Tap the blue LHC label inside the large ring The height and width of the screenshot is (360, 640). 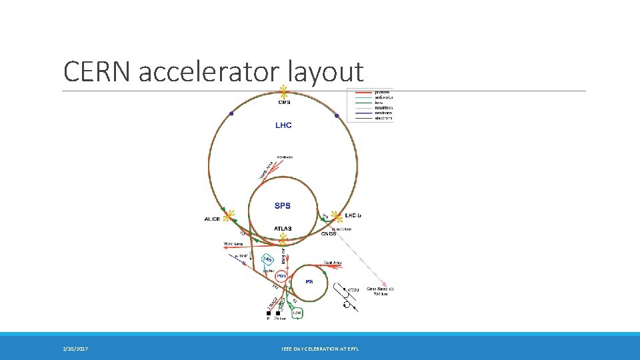click(283, 125)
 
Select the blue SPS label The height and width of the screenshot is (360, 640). click(283, 205)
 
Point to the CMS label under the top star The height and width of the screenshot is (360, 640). click(284, 102)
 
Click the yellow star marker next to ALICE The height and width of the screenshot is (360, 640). click(229, 216)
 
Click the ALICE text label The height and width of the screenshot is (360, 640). click(212, 219)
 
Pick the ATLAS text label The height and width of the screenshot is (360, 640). click(283, 229)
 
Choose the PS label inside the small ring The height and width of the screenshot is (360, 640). click(309, 281)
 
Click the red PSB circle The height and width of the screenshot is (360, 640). click(281, 275)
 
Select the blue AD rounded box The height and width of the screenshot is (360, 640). click(267, 259)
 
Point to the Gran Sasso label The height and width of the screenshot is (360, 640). click(381, 289)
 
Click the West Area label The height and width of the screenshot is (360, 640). click(233, 243)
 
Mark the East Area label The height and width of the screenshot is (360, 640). click(333, 262)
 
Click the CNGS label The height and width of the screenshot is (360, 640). click(329, 233)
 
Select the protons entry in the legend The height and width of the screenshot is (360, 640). click(383, 91)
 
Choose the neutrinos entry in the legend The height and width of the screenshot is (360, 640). click(383, 107)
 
